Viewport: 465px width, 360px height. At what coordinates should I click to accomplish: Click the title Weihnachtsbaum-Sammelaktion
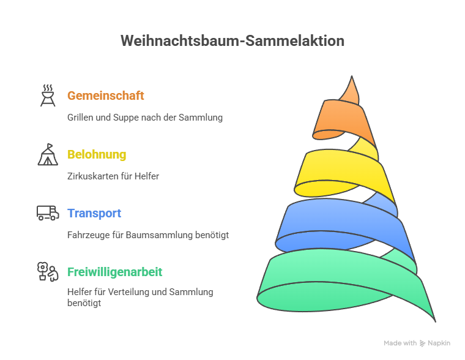(232, 41)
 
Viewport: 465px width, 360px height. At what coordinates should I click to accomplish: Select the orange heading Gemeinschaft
(105, 96)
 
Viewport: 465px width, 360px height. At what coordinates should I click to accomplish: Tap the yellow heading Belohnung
(97, 154)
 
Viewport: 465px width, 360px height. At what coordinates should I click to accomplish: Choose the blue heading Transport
(94, 213)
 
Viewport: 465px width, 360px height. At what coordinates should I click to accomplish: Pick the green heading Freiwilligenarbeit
(115, 272)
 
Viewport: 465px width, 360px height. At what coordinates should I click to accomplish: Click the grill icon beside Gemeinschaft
(48, 96)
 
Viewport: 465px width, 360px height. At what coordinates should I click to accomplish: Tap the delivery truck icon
(48, 213)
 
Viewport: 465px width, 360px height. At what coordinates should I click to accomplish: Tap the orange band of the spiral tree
(343, 119)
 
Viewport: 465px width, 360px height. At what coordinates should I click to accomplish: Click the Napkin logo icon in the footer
(422, 343)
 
